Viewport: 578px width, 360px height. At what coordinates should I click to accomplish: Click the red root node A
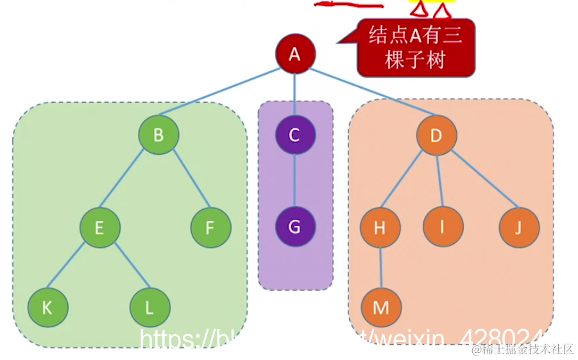294,54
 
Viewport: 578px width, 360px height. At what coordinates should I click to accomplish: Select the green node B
158,135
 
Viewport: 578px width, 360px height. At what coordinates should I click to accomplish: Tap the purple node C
295,135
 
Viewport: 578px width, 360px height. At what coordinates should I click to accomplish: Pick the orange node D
437,135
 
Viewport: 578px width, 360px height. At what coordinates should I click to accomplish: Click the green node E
99,227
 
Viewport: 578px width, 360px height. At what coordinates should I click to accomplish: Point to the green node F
211,227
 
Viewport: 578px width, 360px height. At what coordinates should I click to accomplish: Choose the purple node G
295,227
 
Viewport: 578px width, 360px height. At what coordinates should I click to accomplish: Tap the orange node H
380,227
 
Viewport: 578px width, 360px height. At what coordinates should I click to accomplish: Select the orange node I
443,227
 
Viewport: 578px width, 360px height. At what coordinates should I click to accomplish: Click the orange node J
519,227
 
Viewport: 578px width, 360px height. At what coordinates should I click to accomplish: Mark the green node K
47,307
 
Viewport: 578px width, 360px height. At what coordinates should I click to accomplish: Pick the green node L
149,307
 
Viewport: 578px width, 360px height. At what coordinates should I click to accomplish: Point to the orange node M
381,307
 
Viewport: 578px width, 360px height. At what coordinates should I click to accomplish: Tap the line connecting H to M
380,268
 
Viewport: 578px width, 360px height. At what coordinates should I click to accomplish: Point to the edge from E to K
72,268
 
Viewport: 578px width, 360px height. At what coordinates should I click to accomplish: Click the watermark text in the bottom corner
522,349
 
